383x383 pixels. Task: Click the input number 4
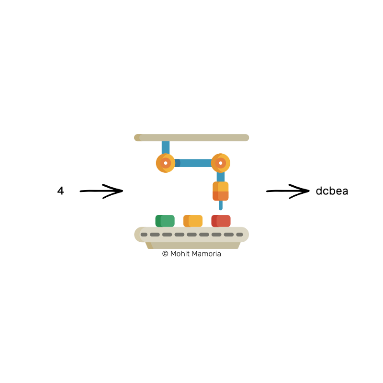(60, 191)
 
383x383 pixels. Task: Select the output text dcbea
(332, 191)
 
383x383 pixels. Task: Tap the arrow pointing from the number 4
(101, 191)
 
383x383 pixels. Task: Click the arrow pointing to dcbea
(288, 191)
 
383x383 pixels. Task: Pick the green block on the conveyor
(165, 221)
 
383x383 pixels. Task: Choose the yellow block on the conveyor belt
(193, 221)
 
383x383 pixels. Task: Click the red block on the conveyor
(221, 221)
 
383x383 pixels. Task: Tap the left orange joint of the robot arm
(165, 163)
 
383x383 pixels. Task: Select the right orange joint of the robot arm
(221, 163)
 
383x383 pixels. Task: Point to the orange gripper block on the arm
(221, 191)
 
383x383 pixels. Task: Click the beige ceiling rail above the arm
(191, 138)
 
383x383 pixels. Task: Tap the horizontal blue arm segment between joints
(193, 163)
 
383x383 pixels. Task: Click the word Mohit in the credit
(180, 254)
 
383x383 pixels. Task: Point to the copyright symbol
(165, 254)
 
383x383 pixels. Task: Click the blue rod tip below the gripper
(221, 206)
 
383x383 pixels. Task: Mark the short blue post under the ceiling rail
(166, 147)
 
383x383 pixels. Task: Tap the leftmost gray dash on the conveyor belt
(144, 235)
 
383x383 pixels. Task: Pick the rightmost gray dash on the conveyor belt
(240, 235)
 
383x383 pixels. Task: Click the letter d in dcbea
(319, 191)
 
